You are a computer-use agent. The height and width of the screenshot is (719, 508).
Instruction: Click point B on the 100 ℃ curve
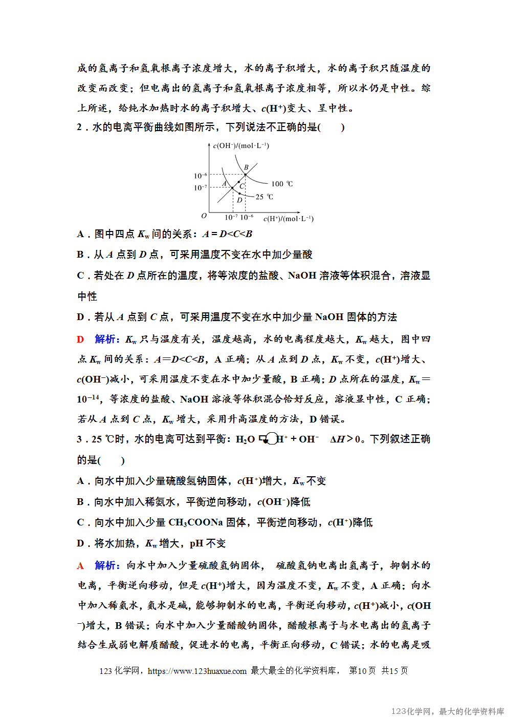(245, 175)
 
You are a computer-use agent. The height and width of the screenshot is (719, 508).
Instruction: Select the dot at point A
(232, 188)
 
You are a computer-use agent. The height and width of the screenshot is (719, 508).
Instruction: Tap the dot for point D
(239, 194)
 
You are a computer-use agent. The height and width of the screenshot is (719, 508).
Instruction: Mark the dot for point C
(238, 182)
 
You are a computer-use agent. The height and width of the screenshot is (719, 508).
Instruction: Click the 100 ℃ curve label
(282, 184)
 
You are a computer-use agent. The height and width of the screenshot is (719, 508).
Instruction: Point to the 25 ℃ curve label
(264, 197)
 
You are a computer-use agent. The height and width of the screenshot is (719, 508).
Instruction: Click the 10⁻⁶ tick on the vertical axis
(200, 176)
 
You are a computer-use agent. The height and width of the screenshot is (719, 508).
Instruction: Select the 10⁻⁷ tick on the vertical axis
(200, 188)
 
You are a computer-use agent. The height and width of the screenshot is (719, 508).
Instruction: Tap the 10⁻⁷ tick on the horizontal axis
(231, 217)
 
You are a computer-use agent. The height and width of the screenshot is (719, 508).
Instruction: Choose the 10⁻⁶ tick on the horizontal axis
(247, 217)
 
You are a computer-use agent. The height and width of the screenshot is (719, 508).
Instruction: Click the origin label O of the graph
(204, 216)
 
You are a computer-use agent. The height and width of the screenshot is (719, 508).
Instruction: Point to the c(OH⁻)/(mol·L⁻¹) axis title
(241, 146)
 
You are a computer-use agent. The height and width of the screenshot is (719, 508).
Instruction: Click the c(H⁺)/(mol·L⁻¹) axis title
(288, 219)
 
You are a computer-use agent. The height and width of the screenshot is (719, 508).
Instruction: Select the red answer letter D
(80, 339)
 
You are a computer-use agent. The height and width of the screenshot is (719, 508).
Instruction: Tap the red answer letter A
(80, 566)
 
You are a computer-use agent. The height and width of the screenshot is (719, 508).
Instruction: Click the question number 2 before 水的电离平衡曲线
(79, 127)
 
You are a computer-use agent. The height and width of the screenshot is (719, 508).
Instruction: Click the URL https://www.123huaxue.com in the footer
(197, 671)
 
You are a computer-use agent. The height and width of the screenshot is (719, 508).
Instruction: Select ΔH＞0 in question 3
(345, 439)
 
